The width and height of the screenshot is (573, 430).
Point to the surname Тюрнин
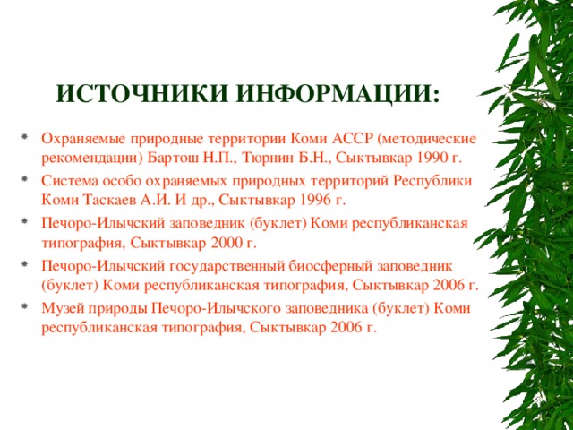301,159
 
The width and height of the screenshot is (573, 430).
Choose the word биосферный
360,265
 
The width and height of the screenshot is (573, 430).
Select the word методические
427,139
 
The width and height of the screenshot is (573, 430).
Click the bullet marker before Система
26,180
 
